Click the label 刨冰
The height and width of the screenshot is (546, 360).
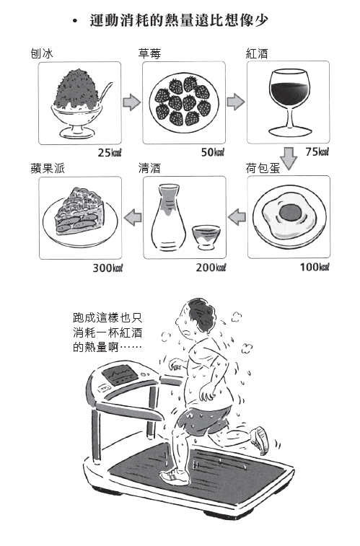tap(42, 53)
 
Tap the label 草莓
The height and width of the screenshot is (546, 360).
tap(149, 53)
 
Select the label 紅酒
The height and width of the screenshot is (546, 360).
tap(257, 53)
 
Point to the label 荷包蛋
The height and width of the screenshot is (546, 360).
tap(263, 169)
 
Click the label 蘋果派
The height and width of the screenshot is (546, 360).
tap(48, 169)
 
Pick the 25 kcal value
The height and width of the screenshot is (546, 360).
tap(110, 152)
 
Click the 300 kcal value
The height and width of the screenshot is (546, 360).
tap(108, 268)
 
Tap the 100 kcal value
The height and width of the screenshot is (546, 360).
tap(315, 267)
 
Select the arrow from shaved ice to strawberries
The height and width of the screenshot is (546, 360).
tap(131, 102)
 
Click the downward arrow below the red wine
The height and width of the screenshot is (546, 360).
tap(289, 159)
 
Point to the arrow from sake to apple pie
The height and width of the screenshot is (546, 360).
tap(133, 218)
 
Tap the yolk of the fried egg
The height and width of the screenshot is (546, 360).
tap(290, 212)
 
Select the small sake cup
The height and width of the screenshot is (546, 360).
tap(206, 237)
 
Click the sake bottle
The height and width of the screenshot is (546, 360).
tap(168, 217)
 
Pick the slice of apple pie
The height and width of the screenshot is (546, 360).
tap(80, 211)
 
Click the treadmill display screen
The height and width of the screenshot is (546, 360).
tap(120, 375)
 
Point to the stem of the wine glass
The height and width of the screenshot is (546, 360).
tap(289, 115)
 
